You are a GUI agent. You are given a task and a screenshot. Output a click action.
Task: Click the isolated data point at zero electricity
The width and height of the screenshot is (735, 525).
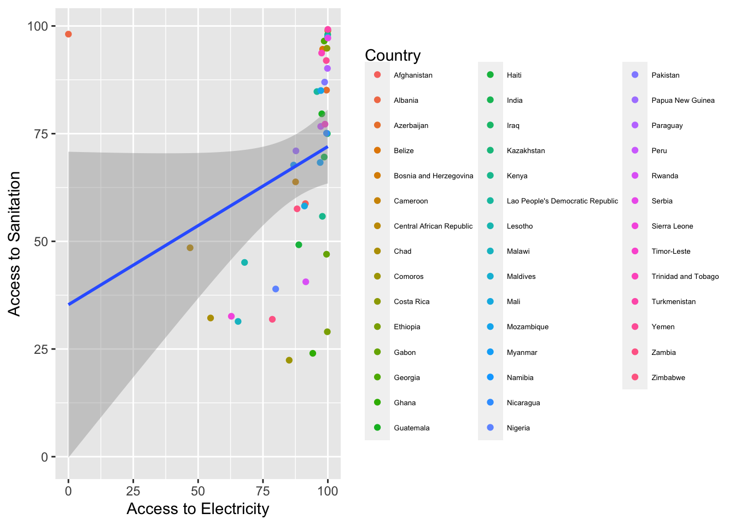(x=68, y=34)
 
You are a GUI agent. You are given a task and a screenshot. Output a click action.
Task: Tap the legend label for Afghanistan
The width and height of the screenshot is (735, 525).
(x=413, y=75)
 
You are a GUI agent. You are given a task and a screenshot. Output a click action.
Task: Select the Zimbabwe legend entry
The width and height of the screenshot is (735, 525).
(x=668, y=377)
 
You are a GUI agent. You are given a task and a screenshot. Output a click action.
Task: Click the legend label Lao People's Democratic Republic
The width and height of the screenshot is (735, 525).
(x=562, y=201)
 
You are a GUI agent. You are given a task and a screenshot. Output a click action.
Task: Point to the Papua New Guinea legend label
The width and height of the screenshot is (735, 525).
(x=682, y=101)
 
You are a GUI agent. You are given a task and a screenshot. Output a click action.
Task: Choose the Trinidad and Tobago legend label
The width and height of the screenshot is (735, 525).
(x=685, y=277)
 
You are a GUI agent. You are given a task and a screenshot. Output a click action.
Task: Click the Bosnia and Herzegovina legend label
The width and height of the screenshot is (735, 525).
(x=433, y=176)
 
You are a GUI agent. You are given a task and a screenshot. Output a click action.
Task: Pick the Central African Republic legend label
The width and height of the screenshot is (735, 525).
(x=433, y=226)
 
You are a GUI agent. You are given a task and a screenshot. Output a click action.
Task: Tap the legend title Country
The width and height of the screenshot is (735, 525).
(x=392, y=55)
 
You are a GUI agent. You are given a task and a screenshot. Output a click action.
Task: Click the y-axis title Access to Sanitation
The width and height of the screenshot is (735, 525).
(x=15, y=243)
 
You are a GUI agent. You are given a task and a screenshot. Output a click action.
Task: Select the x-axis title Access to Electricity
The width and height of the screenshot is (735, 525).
(x=198, y=509)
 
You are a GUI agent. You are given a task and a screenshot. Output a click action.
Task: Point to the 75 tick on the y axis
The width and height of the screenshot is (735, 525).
(x=42, y=134)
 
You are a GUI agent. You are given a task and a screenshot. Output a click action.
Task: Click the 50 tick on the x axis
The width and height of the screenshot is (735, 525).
(x=198, y=491)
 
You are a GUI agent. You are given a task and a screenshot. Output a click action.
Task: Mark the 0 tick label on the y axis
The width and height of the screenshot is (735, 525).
(x=45, y=457)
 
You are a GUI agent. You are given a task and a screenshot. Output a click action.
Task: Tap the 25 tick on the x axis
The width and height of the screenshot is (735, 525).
(x=133, y=491)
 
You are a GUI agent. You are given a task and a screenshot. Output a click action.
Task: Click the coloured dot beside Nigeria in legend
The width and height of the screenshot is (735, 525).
(x=490, y=428)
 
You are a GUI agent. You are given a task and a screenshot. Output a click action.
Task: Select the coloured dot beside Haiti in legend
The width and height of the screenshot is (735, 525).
(x=490, y=75)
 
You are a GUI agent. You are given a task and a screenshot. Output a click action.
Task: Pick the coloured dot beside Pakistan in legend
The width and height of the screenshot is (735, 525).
(x=635, y=75)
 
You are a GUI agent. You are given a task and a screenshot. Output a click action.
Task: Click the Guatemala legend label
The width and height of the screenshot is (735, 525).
(x=411, y=428)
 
